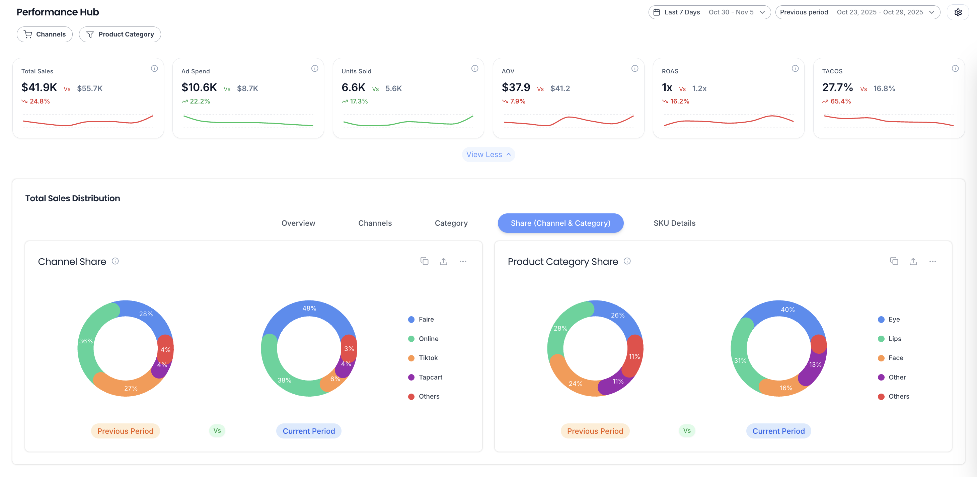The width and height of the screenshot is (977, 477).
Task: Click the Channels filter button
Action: [x=45, y=34]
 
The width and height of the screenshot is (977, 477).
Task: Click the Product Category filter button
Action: [x=120, y=34]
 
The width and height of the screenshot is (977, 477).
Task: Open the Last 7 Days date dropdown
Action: [x=709, y=12]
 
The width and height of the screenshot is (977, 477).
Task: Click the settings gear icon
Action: [x=958, y=12]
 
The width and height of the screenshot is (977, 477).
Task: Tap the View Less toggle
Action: [x=488, y=154]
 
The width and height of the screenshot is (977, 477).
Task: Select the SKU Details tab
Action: [x=674, y=223]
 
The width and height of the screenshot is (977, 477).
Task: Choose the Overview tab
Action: [x=298, y=223]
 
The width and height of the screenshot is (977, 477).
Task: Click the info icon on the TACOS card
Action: [x=955, y=68]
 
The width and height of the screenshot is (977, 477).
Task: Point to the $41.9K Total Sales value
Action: [x=39, y=88]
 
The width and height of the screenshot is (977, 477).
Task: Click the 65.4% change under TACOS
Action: [x=840, y=101]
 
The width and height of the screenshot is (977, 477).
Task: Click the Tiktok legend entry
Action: [x=428, y=358]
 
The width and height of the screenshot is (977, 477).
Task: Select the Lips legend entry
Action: [x=894, y=339]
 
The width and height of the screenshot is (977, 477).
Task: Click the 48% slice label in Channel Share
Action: [x=309, y=308]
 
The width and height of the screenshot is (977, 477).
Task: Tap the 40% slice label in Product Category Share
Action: [x=787, y=310]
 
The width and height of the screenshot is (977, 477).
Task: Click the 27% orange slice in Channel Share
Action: [x=131, y=388]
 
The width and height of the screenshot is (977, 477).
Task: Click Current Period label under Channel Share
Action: [x=309, y=431]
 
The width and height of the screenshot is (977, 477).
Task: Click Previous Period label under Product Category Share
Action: [x=595, y=431]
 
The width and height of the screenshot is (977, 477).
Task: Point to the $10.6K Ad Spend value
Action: [x=199, y=88]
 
